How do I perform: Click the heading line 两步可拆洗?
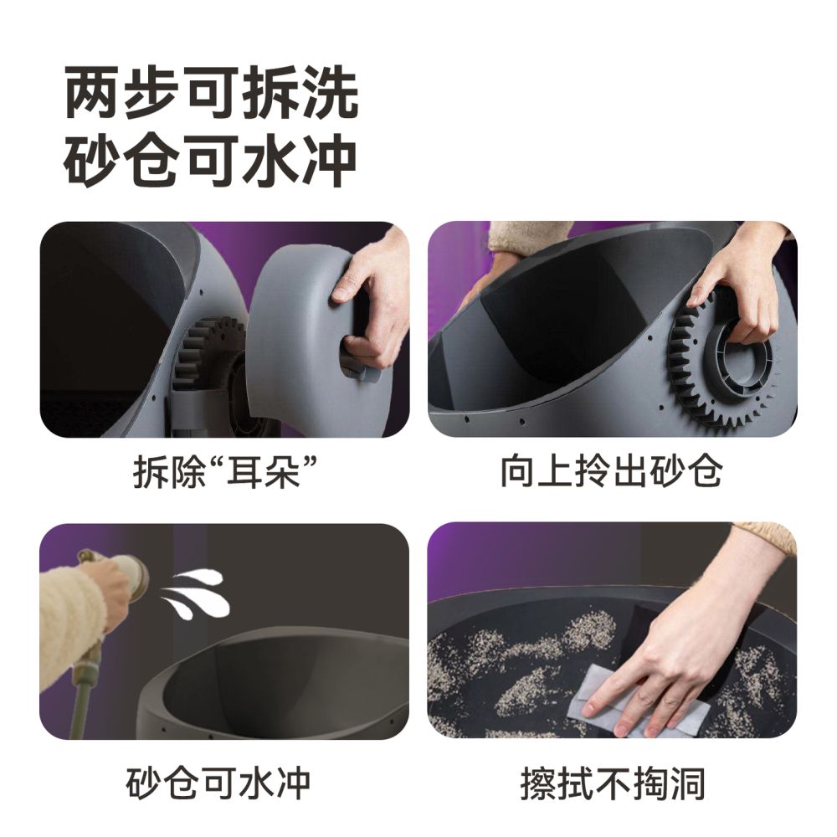[x=212, y=94]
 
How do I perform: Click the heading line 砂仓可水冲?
[x=212, y=160]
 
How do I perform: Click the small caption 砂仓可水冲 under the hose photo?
[x=219, y=783]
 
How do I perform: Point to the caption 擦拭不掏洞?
[x=613, y=783]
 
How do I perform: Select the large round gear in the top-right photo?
[x=716, y=368]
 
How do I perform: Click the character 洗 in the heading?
[x=330, y=94]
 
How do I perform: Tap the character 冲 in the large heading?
[x=330, y=160]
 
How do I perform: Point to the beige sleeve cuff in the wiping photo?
[x=766, y=536]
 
